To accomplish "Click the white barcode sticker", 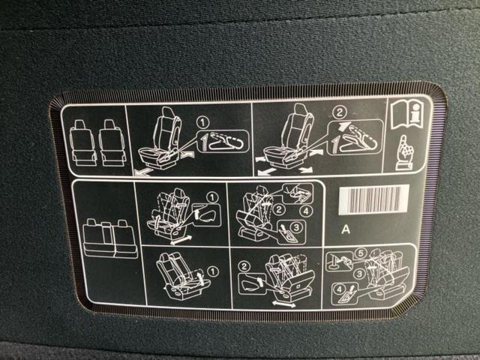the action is coord(373,199).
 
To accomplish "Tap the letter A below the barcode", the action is coord(346,229).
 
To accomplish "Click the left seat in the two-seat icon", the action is coord(82,143).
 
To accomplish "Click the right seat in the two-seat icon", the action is coord(112,143).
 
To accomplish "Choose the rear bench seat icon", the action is coord(109,238).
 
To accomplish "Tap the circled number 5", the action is coord(361,253).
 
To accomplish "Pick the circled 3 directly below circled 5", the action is coord(360,273).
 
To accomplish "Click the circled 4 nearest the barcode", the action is coord(306,211).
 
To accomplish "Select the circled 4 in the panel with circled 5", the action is coord(338,289).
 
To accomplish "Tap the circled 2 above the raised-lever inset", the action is coord(339,112).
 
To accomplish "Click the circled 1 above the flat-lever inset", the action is coord(202,123).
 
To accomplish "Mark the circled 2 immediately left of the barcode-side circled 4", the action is coord(279,210).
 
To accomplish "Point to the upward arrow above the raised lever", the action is coord(344,126).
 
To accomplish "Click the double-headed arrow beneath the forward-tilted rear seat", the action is coord(284,304).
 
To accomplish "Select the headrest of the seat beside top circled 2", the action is coord(301,109).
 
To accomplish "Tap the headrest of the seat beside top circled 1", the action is coord(168,112).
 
